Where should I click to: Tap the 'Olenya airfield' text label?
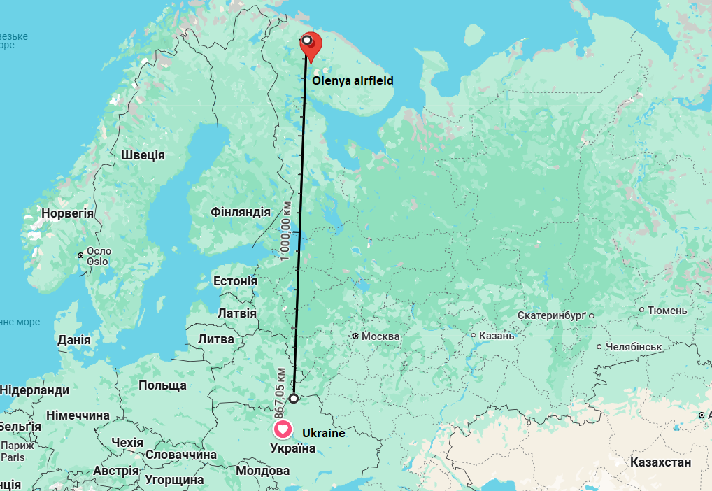click(353, 81)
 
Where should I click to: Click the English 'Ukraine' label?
click(324, 433)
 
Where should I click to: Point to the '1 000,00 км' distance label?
click(285, 232)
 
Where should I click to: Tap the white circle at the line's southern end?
click(294, 398)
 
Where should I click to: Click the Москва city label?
click(380, 336)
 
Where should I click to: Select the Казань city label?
click(497, 336)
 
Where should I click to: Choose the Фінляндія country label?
click(241, 211)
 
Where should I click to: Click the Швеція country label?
click(143, 155)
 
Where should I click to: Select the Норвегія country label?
click(67, 213)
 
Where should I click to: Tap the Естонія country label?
click(235, 281)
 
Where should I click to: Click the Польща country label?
click(162, 385)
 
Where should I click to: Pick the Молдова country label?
click(262, 471)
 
